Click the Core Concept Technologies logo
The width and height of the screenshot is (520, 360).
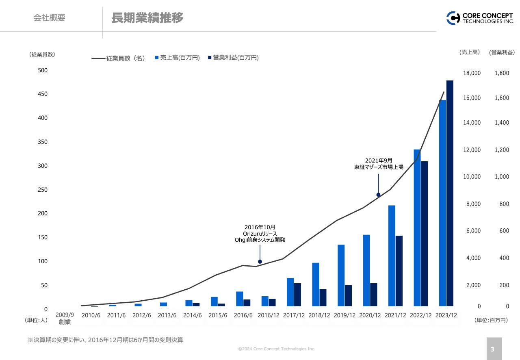click(480, 18)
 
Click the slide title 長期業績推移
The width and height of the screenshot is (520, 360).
click(147, 18)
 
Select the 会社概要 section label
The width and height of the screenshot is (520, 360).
click(49, 18)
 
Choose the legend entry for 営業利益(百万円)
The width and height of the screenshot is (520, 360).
click(233, 58)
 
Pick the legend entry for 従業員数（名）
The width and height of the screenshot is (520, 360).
click(119, 58)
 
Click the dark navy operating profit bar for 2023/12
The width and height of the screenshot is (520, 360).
click(450, 193)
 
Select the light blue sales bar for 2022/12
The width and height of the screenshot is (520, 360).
click(417, 228)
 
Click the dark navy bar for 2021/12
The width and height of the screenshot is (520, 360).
click(399, 271)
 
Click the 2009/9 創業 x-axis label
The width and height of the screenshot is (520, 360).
click(65, 319)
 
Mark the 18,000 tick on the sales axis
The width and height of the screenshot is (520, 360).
click(472, 73)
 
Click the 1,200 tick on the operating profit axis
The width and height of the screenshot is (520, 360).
click(501, 150)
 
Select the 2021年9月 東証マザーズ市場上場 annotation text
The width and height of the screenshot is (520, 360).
click(378, 164)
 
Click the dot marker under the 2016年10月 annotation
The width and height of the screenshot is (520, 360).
click(260, 262)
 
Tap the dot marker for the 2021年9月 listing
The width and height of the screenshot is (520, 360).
click(378, 195)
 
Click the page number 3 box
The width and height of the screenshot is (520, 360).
click(494, 349)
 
